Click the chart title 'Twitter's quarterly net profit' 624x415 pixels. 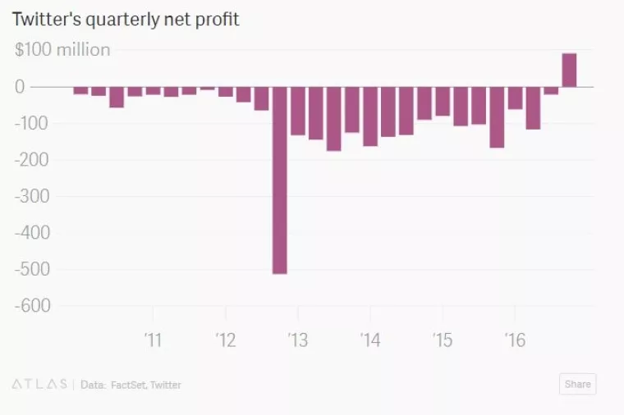(126, 19)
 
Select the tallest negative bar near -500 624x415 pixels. (280, 180)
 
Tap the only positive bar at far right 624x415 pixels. (569, 71)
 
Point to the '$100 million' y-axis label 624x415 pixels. (62, 50)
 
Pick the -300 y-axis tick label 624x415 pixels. (32, 197)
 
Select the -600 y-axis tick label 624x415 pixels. (32, 306)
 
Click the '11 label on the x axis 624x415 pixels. (153, 340)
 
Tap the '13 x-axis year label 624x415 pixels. (297, 340)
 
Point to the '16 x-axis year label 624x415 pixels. (514, 340)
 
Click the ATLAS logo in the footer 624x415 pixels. (39, 384)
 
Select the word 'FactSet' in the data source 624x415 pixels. (130, 385)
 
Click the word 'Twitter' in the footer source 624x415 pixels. (167, 385)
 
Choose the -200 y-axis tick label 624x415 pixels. (32, 160)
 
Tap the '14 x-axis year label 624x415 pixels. (369, 340)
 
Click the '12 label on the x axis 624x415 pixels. (225, 340)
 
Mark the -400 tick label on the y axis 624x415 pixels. (32, 233)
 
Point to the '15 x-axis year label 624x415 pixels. (442, 340)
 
